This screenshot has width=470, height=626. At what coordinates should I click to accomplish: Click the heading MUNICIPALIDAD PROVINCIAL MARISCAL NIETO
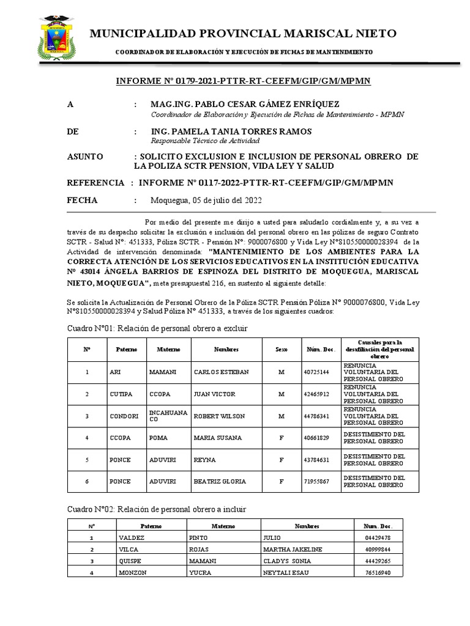point(243,34)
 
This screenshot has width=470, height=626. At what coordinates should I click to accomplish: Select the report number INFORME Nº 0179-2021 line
point(243,81)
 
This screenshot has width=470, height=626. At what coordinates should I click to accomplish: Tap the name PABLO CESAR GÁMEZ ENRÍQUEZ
point(245,105)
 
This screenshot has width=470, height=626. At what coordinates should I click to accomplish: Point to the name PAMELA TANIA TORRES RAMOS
point(231,131)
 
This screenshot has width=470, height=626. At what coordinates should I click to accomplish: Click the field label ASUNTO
point(85,157)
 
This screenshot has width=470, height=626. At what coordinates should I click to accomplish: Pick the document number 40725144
point(316,372)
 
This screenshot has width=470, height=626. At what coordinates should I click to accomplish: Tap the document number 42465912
point(316,394)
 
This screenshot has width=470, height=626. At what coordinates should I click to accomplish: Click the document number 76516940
point(377,573)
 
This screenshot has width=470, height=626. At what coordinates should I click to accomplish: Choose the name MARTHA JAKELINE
point(294,550)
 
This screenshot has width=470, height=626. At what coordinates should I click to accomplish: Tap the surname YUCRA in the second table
point(199,573)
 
